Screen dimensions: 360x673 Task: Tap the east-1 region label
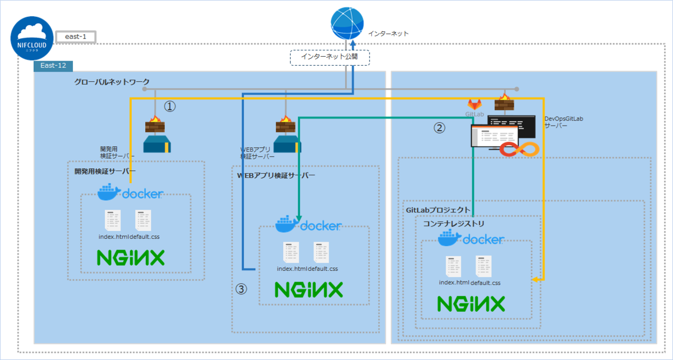[x=75, y=37]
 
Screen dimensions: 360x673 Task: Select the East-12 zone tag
[x=53, y=66]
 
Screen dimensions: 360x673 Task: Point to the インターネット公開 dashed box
[x=330, y=57]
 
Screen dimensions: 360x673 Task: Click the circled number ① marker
[x=170, y=106]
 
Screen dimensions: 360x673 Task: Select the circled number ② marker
[x=440, y=128]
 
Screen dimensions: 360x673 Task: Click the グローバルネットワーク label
[x=112, y=82]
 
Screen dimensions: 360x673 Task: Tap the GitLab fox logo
[x=474, y=104]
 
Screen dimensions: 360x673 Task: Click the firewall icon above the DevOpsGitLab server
[x=504, y=103]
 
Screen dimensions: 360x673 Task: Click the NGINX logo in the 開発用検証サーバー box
[x=130, y=258]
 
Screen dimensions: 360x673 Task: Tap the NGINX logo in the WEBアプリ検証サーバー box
[x=308, y=290]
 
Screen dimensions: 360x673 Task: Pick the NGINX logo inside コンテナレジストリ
[x=471, y=303]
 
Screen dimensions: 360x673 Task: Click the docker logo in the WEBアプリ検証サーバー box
[x=308, y=224]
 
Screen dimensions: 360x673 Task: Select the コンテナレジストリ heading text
[x=454, y=223]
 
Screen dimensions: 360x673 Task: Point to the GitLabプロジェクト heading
[x=437, y=209]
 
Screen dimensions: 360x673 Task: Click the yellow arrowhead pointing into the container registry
[x=536, y=279]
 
